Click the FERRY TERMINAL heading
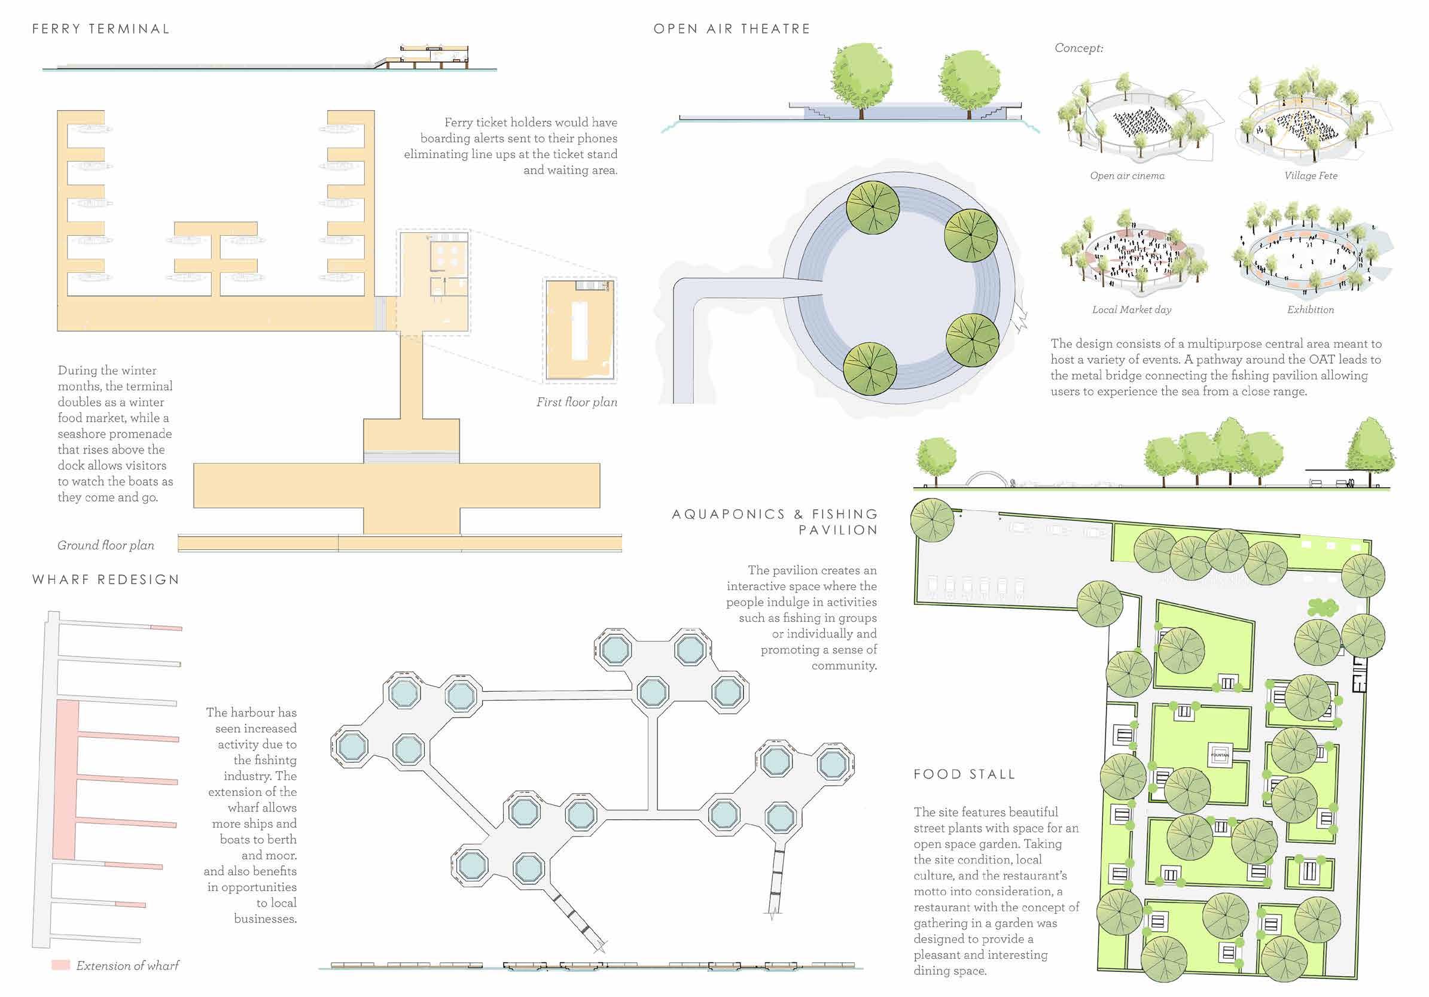point(101,29)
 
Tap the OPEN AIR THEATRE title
point(732,29)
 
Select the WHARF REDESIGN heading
point(106,580)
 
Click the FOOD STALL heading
point(964,774)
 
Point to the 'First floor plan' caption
point(577,402)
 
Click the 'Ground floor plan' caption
point(106,546)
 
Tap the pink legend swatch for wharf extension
point(60,965)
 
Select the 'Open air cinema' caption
point(1127,176)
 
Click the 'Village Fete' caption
point(1311,176)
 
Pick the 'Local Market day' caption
point(1132,310)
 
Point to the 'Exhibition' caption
point(1310,310)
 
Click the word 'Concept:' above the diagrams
point(1078,48)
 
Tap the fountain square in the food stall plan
point(1219,755)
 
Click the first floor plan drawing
point(580,330)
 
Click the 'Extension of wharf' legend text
point(127,966)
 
